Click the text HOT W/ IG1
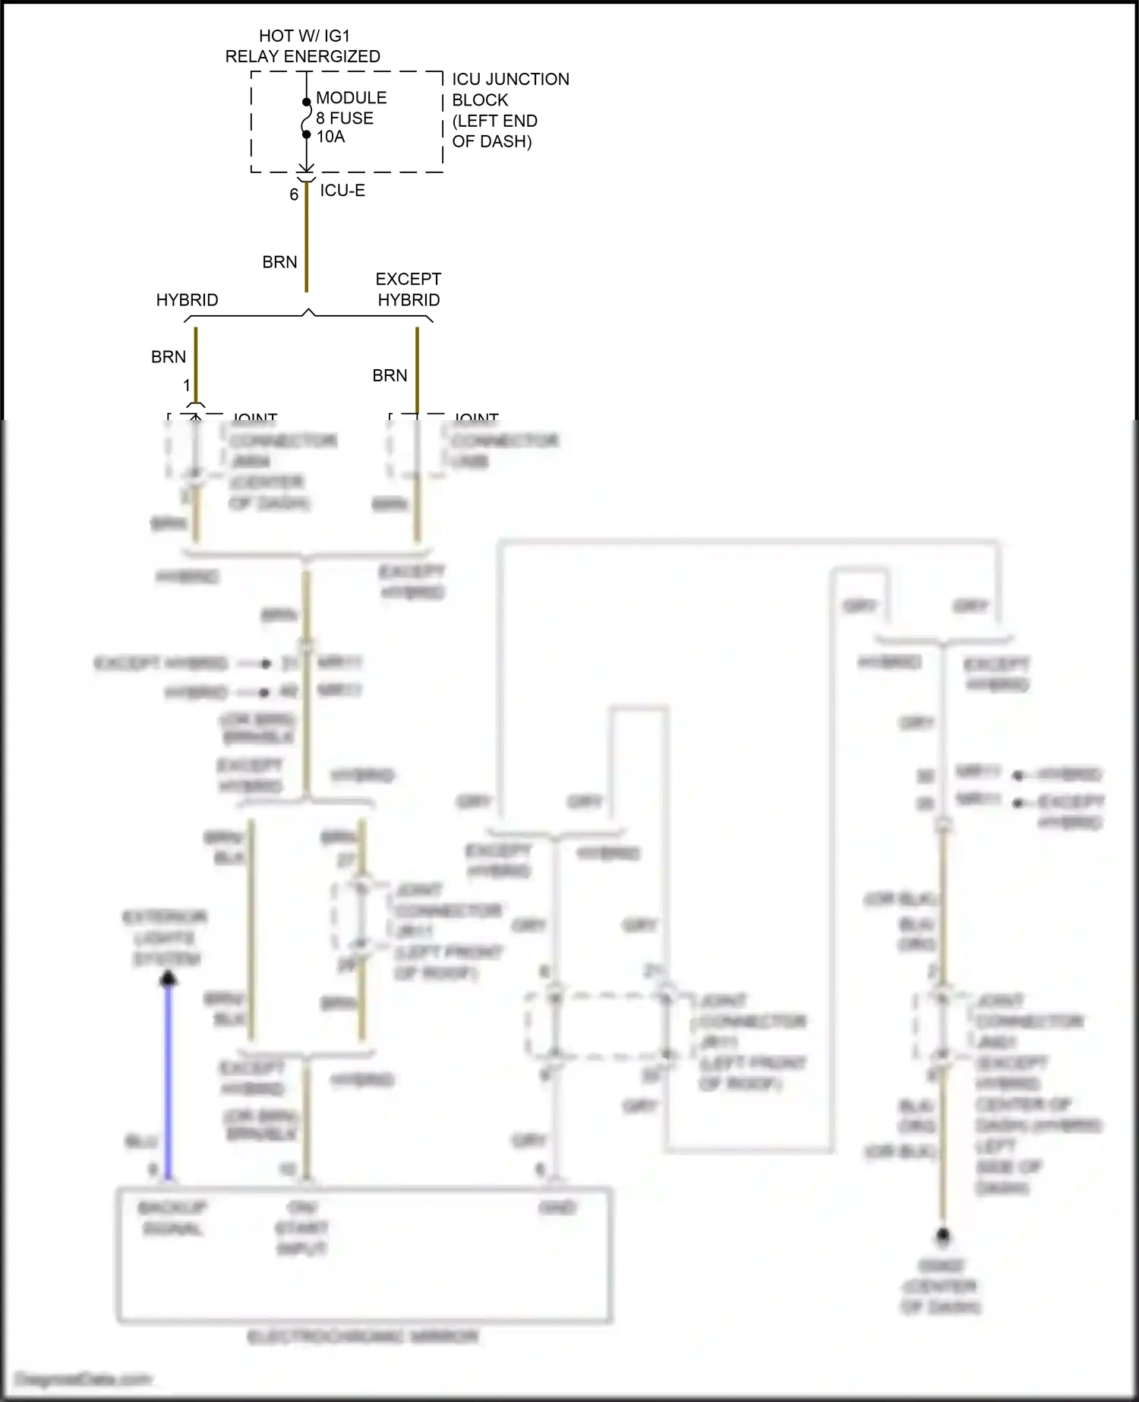(x=304, y=36)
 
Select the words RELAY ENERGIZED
(x=302, y=56)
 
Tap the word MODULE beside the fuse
(x=351, y=97)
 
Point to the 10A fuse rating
(x=330, y=137)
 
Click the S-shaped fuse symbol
(x=306, y=118)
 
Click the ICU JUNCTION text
(x=510, y=79)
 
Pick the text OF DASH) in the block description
(x=491, y=141)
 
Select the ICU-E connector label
(x=342, y=191)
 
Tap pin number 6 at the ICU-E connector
(x=293, y=194)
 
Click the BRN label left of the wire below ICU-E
(x=279, y=262)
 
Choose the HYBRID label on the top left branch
(x=187, y=300)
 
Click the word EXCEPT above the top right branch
(x=408, y=279)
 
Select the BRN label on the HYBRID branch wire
(x=168, y=357)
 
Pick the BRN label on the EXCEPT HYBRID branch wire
(x=390, y=375)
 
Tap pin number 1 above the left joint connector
(x=187, y=386)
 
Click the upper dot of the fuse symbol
(x=306, y=102)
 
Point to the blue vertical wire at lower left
(x=169, y=1078)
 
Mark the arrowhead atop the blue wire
(x=169, y=979)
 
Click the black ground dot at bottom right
(x=942, y=1236)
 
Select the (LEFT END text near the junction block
(x=494, y=121)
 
